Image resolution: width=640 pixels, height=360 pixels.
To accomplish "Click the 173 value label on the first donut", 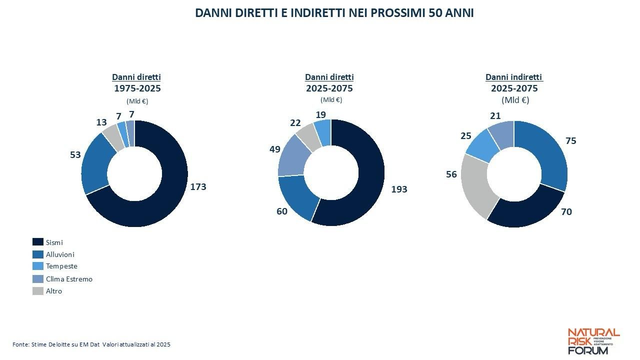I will (198, 186).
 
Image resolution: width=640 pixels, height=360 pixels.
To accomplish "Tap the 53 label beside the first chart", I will (75, 155).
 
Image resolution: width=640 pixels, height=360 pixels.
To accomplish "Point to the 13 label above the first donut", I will (101, 122).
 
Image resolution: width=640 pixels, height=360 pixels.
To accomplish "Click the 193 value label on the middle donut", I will (399, 189).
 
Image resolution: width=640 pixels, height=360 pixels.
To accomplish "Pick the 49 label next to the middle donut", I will (274, 149).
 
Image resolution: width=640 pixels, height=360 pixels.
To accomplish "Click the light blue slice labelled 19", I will (323, 132).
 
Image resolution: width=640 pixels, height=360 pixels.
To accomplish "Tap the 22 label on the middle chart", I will (295, 123).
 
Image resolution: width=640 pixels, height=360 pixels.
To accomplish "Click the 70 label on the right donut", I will (566, 211).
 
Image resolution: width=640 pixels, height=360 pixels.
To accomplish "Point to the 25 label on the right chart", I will (465, 136).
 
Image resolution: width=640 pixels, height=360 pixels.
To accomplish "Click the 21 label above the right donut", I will (495, 116).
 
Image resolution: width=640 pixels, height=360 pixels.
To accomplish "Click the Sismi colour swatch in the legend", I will (38, 242).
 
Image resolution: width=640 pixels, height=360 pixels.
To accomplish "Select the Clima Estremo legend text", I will (69, 279).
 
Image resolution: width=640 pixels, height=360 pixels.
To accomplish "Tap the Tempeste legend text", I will (61, 266).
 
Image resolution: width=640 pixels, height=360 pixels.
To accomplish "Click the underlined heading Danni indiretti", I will (514, 77).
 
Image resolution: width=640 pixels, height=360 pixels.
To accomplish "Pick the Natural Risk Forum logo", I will (593, 341).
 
